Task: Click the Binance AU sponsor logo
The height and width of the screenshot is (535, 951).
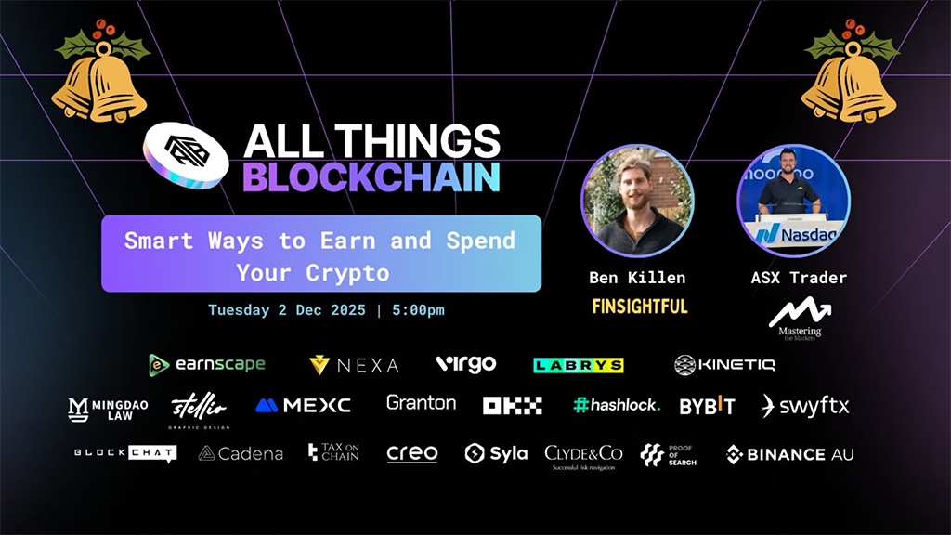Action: coord(789,454)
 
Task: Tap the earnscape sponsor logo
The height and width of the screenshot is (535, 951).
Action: coord(207,364)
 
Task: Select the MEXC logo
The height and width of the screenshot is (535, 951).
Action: coord(303,405)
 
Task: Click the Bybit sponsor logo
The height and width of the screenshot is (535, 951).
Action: coord(707,405)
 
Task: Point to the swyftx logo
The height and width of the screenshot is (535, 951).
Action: coord(805,405)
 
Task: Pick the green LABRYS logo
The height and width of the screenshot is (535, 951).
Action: coord(578,365)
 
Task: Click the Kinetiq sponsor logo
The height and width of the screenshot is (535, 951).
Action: coord(724,364)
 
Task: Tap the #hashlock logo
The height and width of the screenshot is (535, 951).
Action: coord(617,405)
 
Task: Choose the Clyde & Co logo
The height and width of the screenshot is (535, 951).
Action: coord(583,455)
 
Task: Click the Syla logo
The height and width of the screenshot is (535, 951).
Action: coord(496,453)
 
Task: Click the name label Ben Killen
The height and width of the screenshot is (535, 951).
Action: coord(637,277)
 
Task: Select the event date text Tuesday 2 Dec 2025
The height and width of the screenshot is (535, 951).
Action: coord(287,309)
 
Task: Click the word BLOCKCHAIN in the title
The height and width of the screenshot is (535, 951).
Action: coord(371,176)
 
